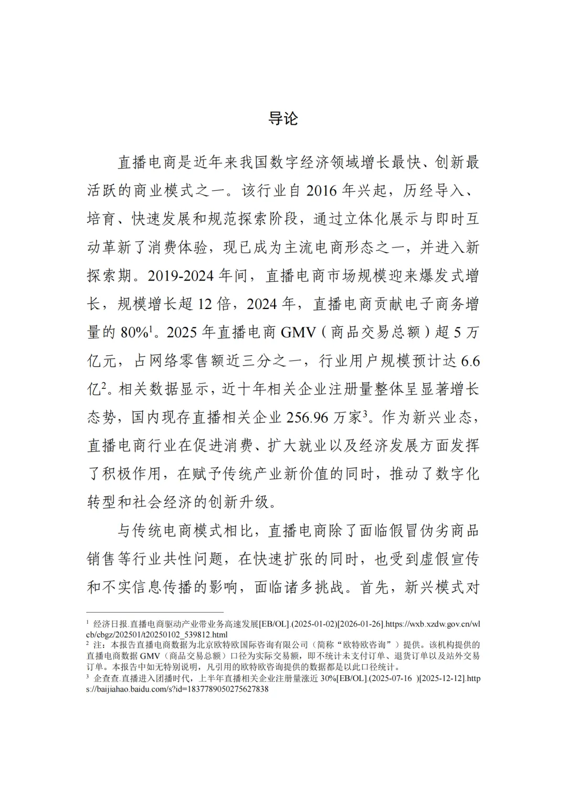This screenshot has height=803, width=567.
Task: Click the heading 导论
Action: tap(283, 119)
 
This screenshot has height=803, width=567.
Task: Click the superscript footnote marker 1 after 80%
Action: tap(151, 328)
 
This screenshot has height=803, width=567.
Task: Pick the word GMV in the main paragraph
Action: tap(298, 332)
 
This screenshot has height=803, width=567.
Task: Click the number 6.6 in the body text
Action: tap(469, 361)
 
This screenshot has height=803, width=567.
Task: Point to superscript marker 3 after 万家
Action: tap(365, 414)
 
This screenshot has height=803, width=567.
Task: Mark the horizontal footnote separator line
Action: tap(155, 612)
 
